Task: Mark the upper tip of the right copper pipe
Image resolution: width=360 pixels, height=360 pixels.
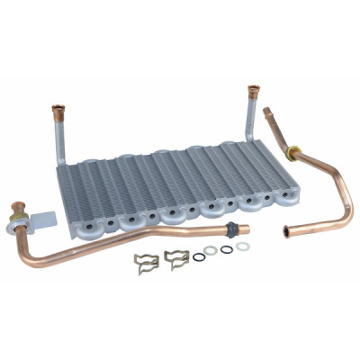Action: (269, 113)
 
